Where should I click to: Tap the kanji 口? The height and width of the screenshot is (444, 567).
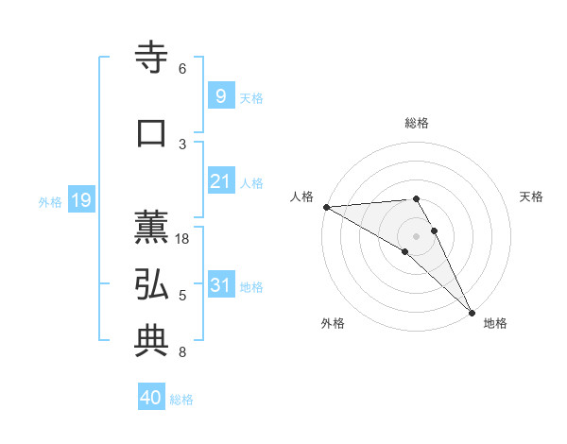coord(152,133)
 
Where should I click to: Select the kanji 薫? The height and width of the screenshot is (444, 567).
coord(152,228)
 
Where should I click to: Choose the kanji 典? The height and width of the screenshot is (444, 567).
coord(152,341)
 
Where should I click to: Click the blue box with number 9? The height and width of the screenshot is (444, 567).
coord(221,96)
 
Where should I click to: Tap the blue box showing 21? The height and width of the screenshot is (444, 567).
coord(221,181)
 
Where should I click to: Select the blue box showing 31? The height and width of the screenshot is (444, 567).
coord(221,285)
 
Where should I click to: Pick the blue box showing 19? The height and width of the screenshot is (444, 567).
coord(80,200)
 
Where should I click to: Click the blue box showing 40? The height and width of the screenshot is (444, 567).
coord(151,398)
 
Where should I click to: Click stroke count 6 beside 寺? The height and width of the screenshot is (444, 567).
coord(182,69)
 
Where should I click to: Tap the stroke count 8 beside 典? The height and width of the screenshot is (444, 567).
coord(182,352)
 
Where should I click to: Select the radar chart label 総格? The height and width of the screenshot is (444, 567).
coord(416,123)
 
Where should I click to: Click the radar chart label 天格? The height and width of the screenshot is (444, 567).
coord(532,196)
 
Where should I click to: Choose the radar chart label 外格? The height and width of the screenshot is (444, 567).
coord(333,323)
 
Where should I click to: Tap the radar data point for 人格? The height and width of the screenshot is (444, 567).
coord(326,206)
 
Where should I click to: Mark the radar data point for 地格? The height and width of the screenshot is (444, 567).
coord(471,312)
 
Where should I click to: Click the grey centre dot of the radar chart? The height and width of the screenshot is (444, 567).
coord(416,235)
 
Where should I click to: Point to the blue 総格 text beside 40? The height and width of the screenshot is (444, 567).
coord(182,400)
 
